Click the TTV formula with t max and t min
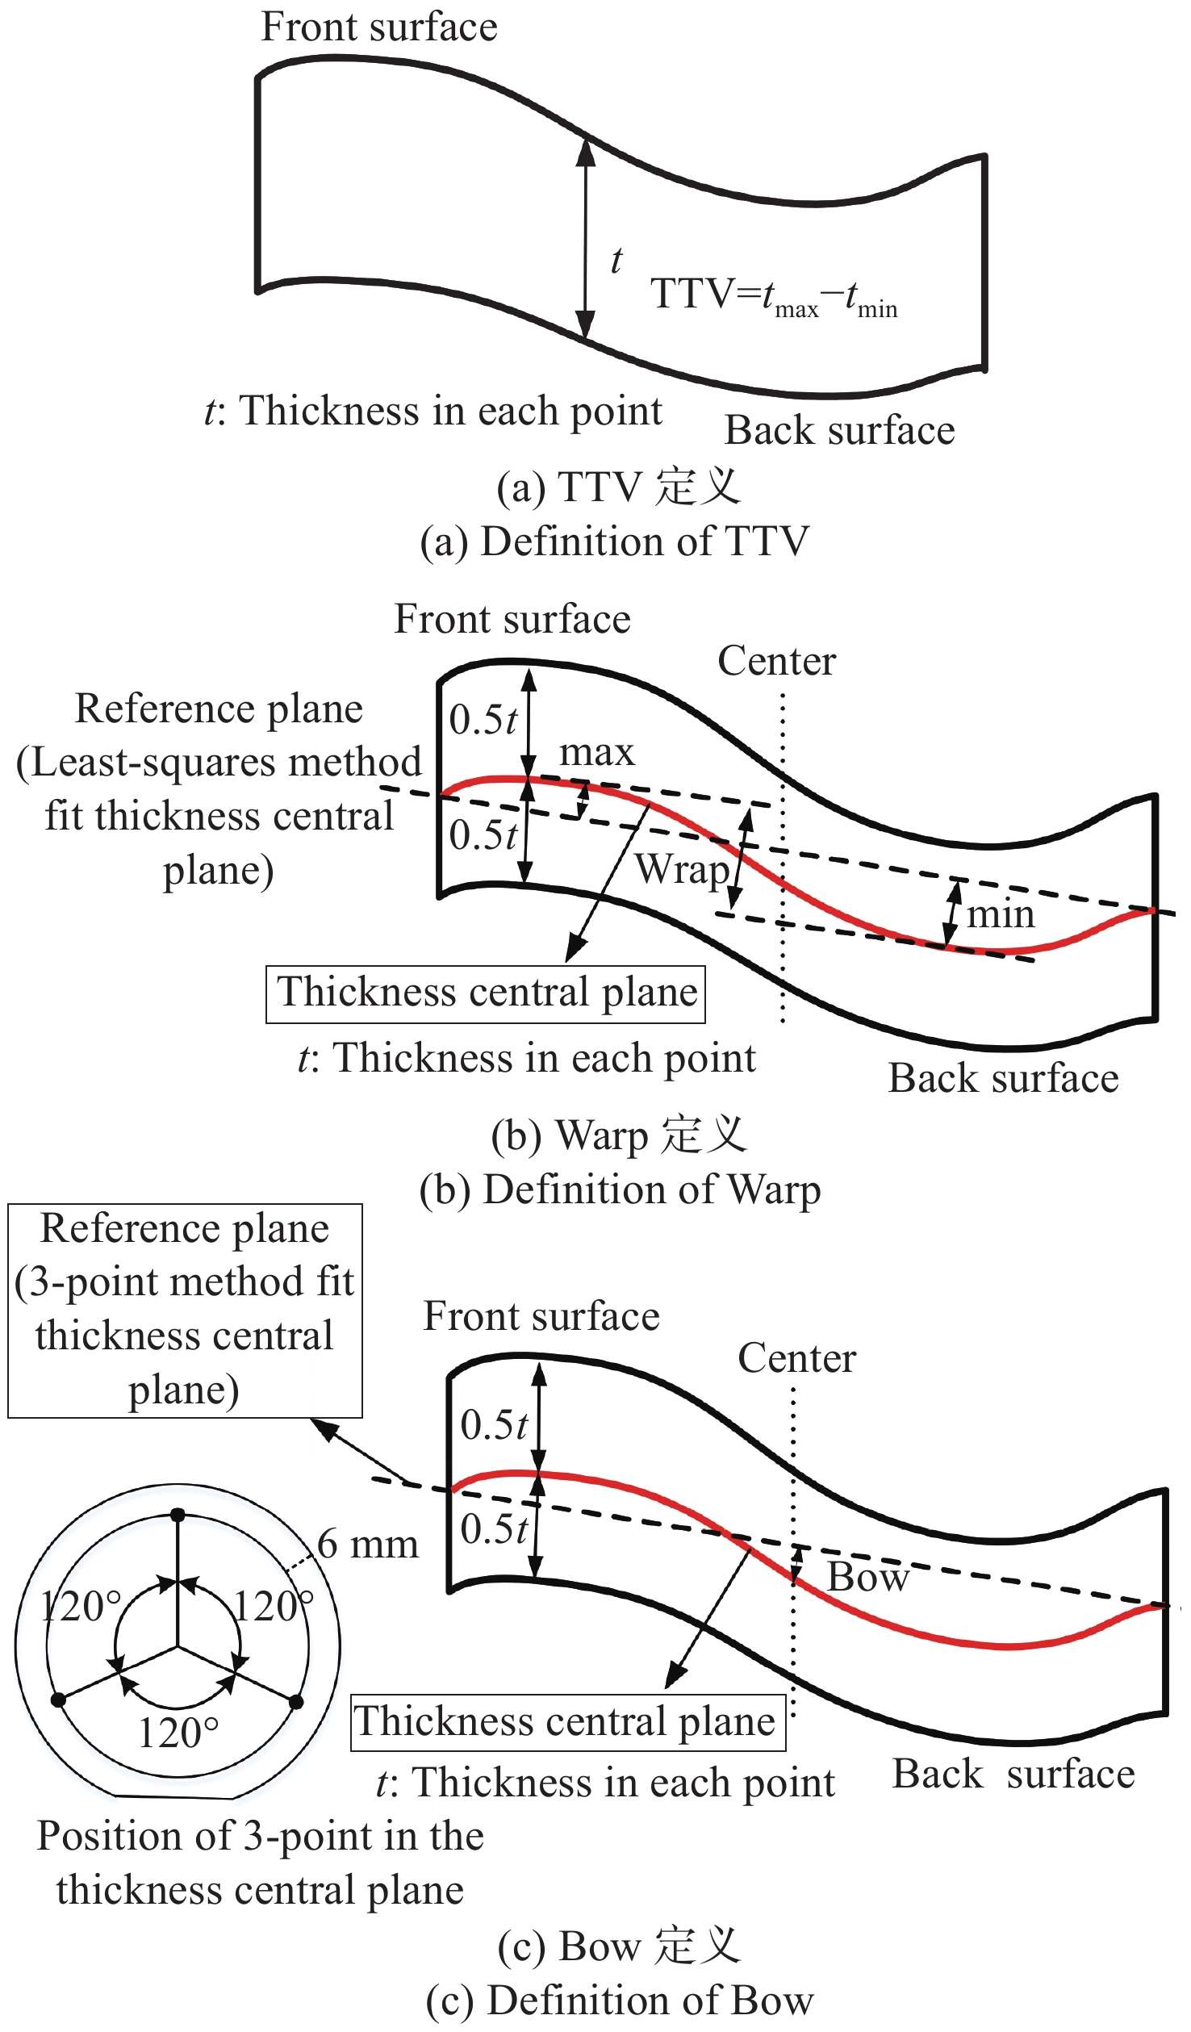[x=773, y=296]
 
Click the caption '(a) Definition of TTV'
[x=614, y=541]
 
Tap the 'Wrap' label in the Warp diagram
[x=682, y=869]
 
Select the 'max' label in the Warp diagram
[x=597, y=752]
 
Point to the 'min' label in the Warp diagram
[x=1001, y=914]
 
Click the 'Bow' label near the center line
[x=867, y=1576]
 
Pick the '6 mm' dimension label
[x=368, y=1544]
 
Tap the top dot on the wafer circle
[x=178, y=1515]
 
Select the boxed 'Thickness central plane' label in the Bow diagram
[x=567, y=1721]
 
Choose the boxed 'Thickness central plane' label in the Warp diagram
[x=486, y=993]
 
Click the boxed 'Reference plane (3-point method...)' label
[x=185, y=1310]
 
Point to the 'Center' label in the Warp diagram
[x=776, y=661]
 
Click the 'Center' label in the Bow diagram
[x=796, y=1358]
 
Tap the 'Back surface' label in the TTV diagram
[x=839, y=430]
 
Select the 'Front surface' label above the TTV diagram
[x=378, y=27]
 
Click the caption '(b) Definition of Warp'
[x=620, y=1190]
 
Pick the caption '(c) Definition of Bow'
[x=620, y=2001]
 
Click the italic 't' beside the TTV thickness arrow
[x=616, y=260]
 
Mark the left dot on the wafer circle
[x=58, y=1700]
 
